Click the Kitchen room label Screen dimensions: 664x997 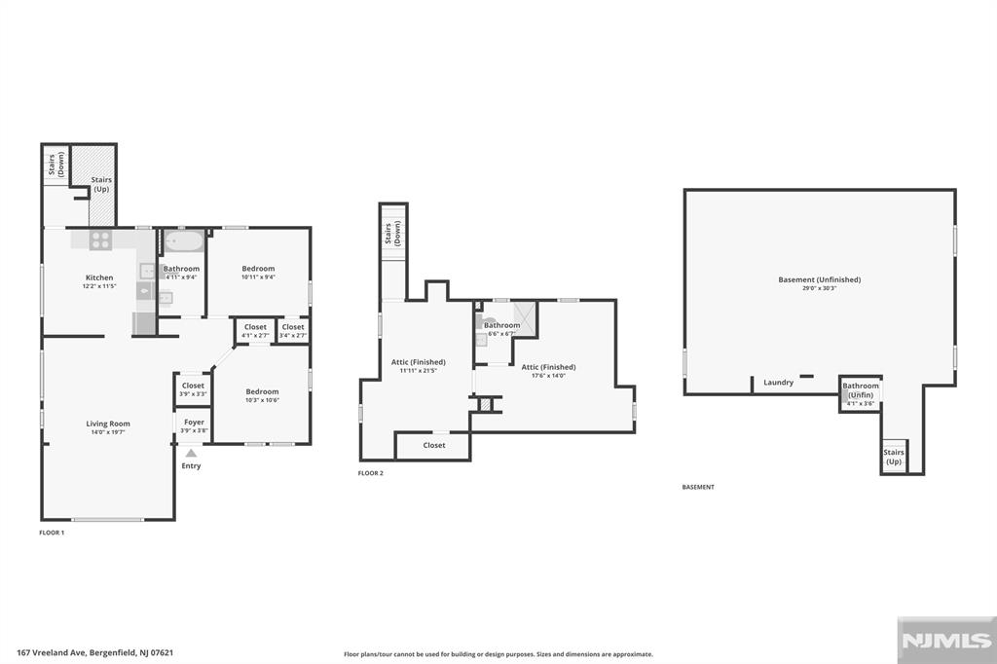tap(99, 277)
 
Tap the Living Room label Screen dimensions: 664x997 tap(108, 424)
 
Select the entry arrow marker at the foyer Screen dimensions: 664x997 tap(191, 452)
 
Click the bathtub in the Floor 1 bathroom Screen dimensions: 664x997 tap(182, 240)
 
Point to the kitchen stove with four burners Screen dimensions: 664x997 tap(101, 240)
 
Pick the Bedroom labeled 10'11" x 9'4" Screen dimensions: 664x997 tap(258, 269)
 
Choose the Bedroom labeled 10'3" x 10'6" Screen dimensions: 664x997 tap(262, 391)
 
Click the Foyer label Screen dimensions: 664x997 tap(193, 423)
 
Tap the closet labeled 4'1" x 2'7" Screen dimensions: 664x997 tap(255, 327)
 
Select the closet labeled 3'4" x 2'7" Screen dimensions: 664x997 tap(293, 327)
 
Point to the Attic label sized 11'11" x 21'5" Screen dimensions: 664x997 tap(418, 362)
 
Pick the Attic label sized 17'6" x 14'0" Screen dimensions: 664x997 tap(548, 367)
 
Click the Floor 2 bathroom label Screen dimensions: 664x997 tap(501, 325)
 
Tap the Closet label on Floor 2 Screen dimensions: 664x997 tap(434, 445)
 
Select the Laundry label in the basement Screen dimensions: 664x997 tap(779, 383)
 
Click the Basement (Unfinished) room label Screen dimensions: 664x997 tap(820, 280)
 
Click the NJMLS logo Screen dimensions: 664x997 tap(943, 640)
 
